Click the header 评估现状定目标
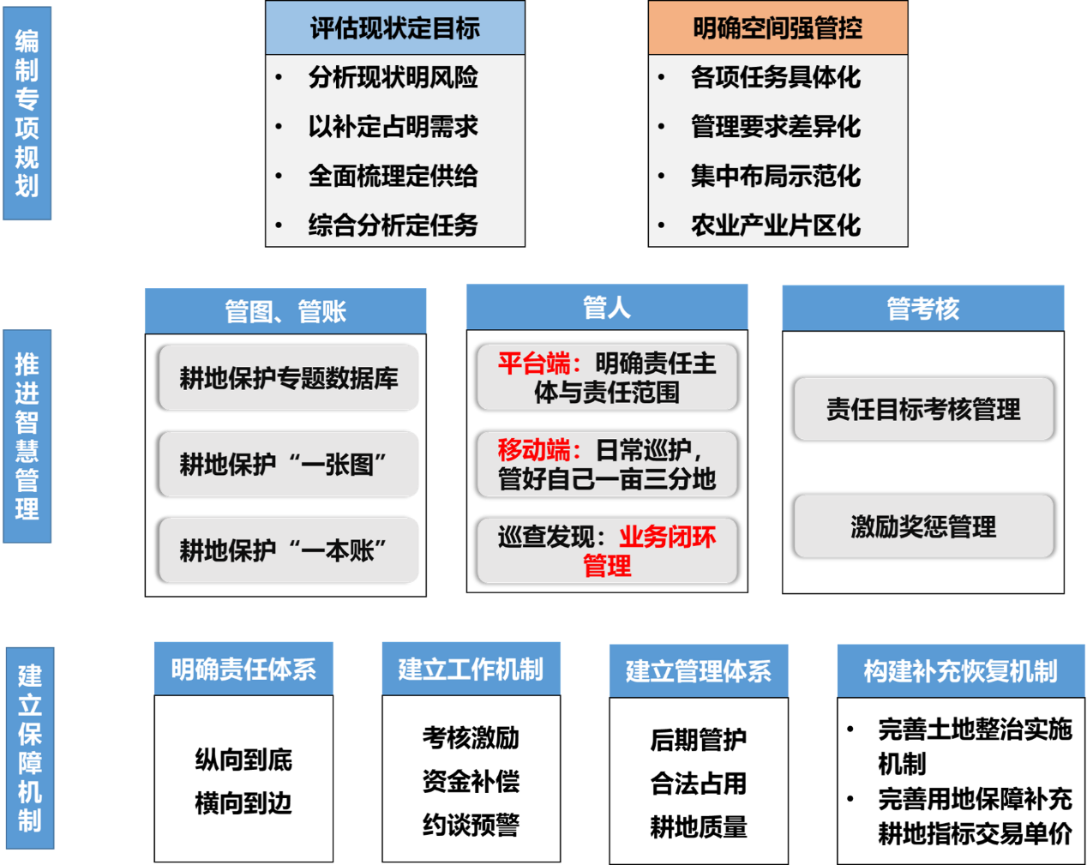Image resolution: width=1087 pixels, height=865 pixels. (395, 28)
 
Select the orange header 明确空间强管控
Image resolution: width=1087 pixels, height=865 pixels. (778, 28)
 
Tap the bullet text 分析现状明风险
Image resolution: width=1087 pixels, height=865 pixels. (393, 78)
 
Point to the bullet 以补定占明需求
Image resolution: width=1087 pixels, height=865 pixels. (393, 127)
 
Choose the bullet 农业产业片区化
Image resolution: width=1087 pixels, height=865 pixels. (776, 225)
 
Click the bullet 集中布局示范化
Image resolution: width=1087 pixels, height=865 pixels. (776, 177)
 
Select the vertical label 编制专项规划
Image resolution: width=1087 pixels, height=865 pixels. (27, 113)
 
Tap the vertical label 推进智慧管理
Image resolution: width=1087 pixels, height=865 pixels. (27, 436)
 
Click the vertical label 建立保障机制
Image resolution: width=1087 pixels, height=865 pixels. (30, 748)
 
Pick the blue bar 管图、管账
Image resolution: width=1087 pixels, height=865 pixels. (285, 311)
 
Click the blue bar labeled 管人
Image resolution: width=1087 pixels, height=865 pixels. (607, 307)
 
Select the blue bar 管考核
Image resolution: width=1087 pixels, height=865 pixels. (923, 309)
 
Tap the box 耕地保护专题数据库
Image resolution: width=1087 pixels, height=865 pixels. (289, 378)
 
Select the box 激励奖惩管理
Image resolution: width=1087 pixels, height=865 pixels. (923, 526)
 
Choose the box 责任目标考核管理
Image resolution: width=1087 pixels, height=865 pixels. (923, 409)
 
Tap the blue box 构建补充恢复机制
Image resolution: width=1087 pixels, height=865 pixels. (961, 670)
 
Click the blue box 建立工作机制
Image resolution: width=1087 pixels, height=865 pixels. (471, 669)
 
